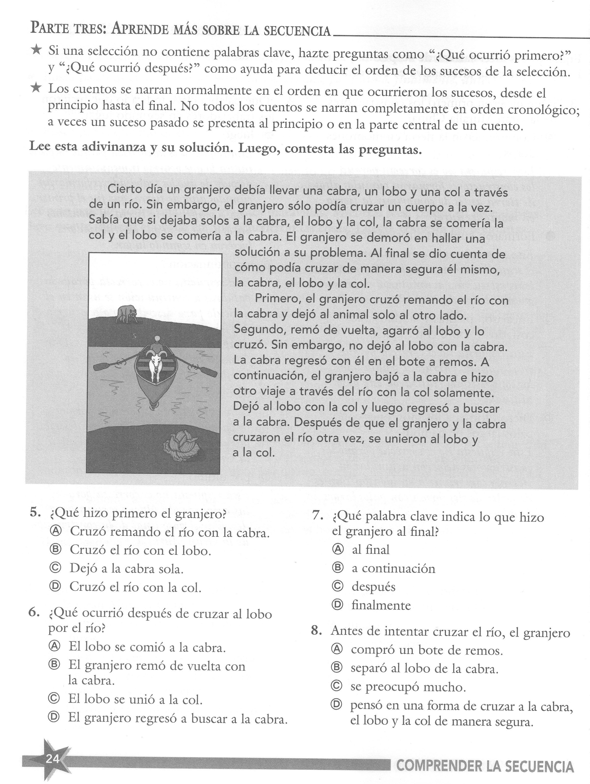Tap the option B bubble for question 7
pyautogui.click(x=338, y=568)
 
